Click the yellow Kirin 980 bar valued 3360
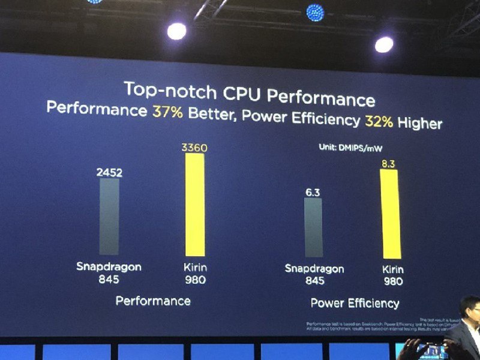click(194, 204)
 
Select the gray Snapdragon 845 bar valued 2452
click(109, 216)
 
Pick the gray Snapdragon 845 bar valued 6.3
click(313, 228)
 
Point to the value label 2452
click(109, 173)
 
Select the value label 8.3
click(390, 162)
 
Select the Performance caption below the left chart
click(153, 300)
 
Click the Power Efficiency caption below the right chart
click(355, 303)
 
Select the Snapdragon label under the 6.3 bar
click(314, 268)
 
